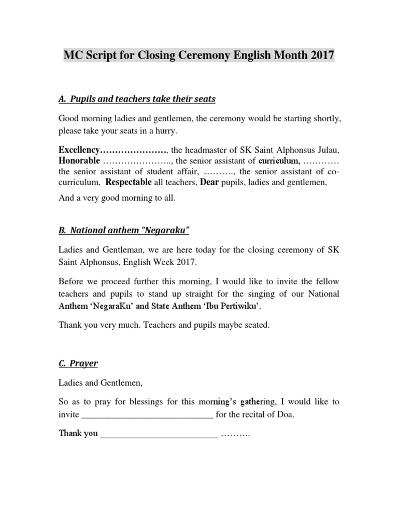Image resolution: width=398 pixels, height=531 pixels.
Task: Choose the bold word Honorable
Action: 79,160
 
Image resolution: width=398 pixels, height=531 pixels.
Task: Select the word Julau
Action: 327,150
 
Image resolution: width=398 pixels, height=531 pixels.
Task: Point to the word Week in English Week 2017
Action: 163,263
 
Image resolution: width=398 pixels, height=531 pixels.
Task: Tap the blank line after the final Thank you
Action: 159,434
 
